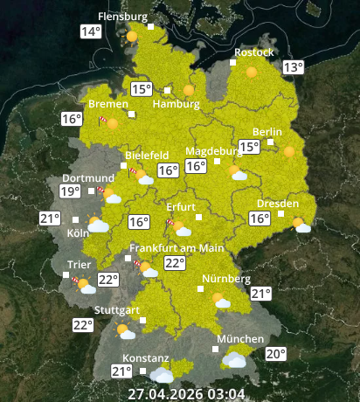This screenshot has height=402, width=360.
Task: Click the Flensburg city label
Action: (122, 17)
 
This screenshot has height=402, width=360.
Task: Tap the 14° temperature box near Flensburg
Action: (91, 32)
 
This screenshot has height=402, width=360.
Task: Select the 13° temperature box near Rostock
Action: (293, 67)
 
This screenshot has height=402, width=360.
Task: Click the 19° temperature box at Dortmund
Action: (70, 191)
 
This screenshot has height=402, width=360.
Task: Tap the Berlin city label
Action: (267, 132)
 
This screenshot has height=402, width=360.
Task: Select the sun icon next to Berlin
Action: (289, 151)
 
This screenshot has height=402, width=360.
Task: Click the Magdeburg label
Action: (210, 150)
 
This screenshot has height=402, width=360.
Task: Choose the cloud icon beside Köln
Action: (98, 225)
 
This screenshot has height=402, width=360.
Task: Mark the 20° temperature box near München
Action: (276, 354)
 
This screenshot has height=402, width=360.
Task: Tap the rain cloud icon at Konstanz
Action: (162, 374)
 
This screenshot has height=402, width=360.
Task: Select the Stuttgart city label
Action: (117, 310)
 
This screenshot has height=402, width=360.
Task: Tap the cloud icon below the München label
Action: (233, 358)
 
